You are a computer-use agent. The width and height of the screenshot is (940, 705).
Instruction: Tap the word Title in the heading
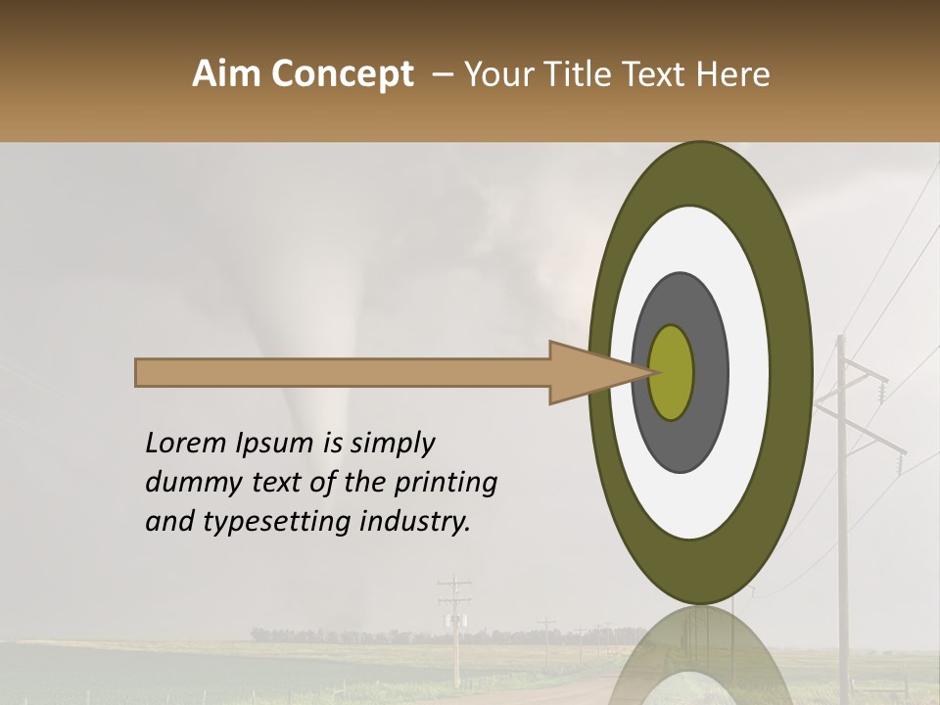tap(581, 74)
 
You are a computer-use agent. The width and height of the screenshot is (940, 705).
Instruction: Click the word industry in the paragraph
tap(416, 522)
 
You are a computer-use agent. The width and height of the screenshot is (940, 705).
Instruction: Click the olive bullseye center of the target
tap(672, 372)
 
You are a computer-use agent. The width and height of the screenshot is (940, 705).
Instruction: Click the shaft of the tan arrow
tap(343, 373)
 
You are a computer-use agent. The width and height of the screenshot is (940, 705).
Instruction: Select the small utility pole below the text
tap(455, 627)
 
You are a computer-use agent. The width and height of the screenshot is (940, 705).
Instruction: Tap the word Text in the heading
tap(659, 74)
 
